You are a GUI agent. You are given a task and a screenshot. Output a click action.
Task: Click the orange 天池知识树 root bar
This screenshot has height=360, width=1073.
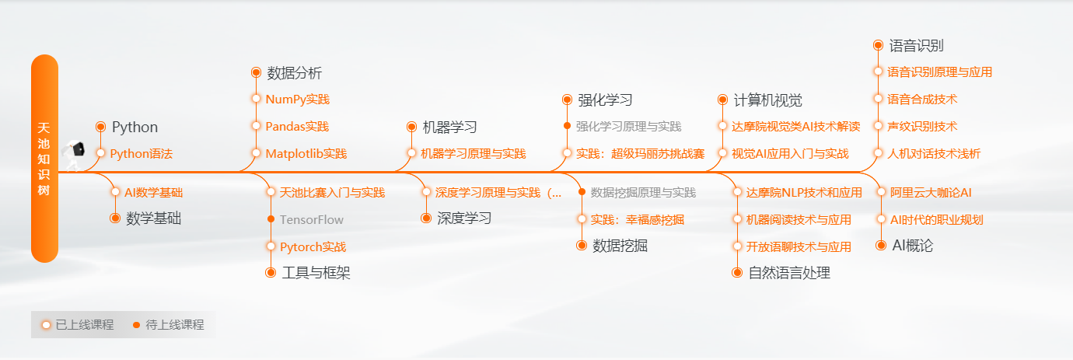pos(44,159)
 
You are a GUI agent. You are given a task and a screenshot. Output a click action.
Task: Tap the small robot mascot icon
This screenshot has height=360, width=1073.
pos(73,155)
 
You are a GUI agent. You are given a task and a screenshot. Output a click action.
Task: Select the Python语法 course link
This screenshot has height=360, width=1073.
pos(142,154)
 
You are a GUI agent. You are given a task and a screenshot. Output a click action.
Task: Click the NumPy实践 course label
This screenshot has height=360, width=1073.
pos(298,99)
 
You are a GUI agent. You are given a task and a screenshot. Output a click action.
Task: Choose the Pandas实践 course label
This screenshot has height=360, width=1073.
pos(297,127)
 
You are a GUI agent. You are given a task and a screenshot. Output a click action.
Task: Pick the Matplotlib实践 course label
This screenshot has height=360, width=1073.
pos(306,154)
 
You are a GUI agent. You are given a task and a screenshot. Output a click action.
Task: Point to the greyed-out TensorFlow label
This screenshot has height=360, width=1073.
pos(312,220)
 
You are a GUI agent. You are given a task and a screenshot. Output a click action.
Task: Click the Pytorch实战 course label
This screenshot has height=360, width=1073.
pos(313,247)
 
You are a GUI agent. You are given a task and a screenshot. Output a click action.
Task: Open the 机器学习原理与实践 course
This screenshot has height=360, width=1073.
pos(474,154)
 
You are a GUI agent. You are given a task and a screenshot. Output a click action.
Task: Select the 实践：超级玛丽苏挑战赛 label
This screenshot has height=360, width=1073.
pos(641,154)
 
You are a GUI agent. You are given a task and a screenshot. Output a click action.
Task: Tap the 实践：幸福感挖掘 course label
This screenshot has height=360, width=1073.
pos(637,220)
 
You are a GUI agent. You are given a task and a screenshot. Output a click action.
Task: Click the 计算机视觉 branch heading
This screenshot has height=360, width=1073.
pos(768,100)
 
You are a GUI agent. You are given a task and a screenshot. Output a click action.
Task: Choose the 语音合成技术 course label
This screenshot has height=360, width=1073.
pos(922,99)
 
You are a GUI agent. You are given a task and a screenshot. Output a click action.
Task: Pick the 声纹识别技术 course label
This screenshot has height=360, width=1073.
pos(922,127)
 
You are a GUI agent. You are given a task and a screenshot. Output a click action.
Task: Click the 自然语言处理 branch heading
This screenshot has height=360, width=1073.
pos(789,273)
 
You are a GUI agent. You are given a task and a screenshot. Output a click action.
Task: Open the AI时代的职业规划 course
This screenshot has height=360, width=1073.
pos(936,220)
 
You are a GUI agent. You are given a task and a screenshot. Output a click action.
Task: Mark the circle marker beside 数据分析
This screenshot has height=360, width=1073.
pos(257,72)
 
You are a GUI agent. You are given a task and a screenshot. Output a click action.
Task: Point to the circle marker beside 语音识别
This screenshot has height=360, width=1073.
pos(878,45)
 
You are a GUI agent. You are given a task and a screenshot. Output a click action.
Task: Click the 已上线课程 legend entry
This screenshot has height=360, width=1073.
pos(78,324)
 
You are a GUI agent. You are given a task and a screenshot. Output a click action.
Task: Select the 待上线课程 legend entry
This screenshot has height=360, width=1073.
pos(168,324)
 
